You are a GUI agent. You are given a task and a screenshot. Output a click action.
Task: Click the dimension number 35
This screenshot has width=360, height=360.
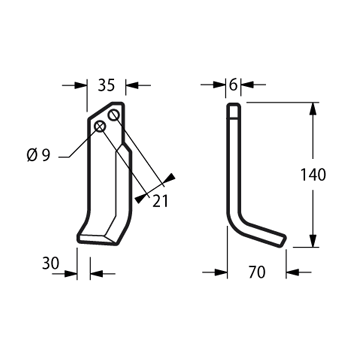106,85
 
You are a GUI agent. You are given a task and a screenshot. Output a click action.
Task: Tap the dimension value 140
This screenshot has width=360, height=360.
313,175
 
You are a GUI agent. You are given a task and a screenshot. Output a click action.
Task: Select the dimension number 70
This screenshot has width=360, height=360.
257,272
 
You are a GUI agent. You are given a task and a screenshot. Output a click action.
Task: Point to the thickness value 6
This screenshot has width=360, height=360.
233,85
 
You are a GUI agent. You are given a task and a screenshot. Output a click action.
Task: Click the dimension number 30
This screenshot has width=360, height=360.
51,263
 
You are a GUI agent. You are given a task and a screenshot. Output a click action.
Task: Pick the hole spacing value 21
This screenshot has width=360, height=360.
160,201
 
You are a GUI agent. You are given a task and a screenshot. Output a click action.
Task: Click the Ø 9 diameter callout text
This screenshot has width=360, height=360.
38,155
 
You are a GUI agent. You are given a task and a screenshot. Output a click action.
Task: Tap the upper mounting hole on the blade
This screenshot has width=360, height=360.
114,115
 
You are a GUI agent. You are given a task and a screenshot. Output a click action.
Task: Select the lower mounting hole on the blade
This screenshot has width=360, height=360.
100,127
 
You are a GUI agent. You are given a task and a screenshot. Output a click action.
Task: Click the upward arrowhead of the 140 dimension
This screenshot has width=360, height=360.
313,109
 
